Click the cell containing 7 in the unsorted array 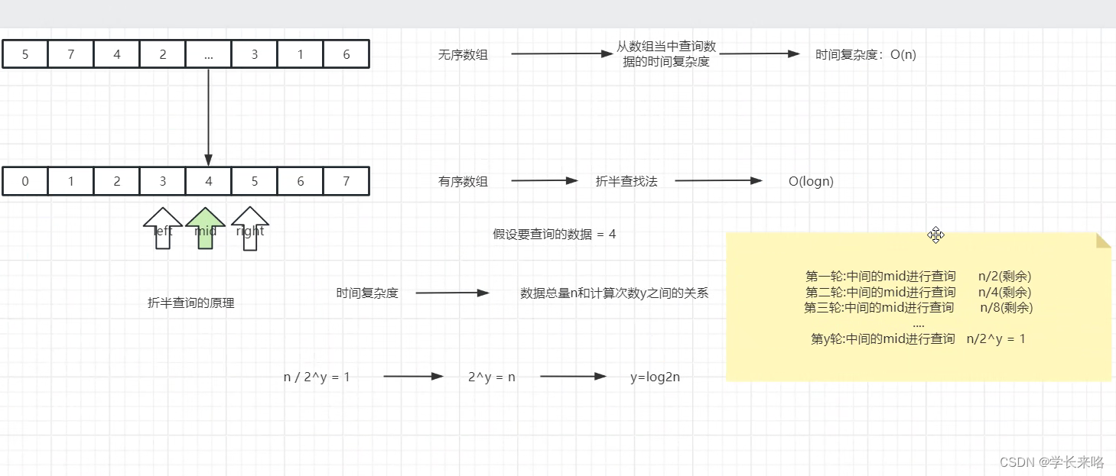pyautogui.click(x=71, y=54)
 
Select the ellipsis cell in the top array pyautogui.click(x=209, y=54)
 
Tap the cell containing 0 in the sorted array pyautogui.click(x=25, y=181)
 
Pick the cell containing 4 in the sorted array pyautogui.click(x=209, y=181)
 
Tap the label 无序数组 pyautogui.click(x=463, y=54)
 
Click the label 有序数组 pyautogui.click(x=463, y=181)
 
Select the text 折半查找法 pyautogui.click(x=626, y=181)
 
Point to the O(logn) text pyautogui.click(x=811, y=181)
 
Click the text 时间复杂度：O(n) pyautogui.click(x=865, y=54)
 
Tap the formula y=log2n pyautogui.click(x=655, y=377)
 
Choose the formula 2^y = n pyautogui.click(x=492, y=377)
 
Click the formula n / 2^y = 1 pyautogui.click(x=317, y=377)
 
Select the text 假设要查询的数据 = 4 pyautogui.click(x=554, y=235)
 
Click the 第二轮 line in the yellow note pyautogui.click(x=918, y=292)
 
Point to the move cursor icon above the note pyautogui.click(x=935, y=235)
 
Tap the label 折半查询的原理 pyautogui.click(x=191, y=303)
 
